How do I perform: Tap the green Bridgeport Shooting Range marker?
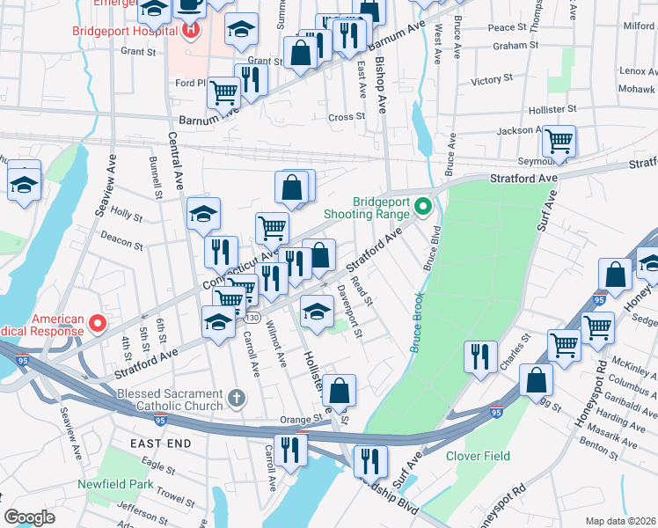(x=423, y=208)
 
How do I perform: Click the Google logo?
(x=30, y=517)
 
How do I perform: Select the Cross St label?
(x=346, y=116)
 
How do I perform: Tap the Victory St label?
(x=485, y=81)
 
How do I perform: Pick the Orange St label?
(x=296, y=420)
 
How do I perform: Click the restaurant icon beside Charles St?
(x=479, y=356)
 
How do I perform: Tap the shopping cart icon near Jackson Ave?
(x=559, y=140)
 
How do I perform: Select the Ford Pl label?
(x=189, y=84)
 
